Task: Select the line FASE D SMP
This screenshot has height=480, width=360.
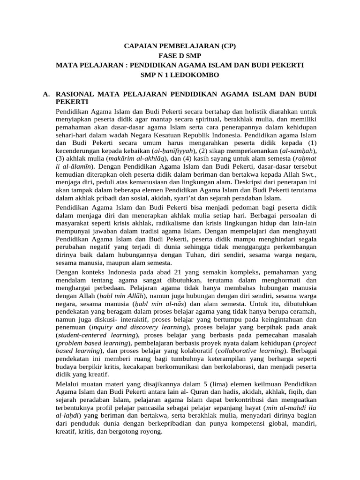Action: click(180, 55)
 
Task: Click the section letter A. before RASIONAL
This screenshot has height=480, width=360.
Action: click(46, 94)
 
